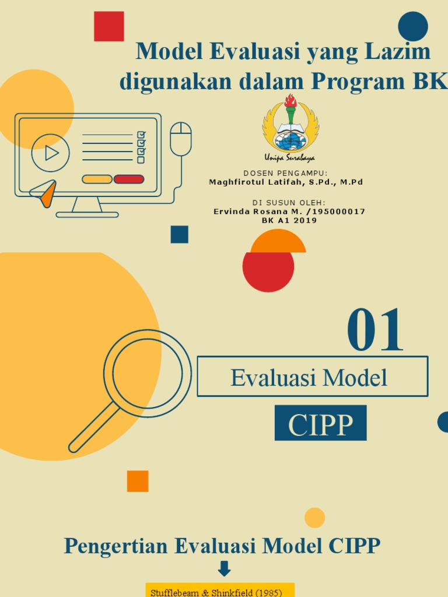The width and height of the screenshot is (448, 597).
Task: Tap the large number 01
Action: [x=375, y=331]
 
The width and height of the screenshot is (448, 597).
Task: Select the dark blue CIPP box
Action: [x=320, y=423]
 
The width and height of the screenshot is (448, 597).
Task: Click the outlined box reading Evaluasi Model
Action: [x=312, y=377]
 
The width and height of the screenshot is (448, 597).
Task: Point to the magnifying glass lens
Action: [x=147, y=373]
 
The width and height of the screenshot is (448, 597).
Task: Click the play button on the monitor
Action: [x=51, y=153]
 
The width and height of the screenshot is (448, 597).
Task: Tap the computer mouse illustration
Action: [x=181, y=139]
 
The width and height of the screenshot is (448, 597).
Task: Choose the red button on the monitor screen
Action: [x=129, y=179]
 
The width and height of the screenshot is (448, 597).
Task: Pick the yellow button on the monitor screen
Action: [x=97, y=179]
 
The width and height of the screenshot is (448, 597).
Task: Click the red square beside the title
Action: [x=109, y=26]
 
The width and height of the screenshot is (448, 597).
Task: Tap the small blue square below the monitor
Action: [x=179, y=234]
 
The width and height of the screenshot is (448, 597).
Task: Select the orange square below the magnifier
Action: [x=138, y=481]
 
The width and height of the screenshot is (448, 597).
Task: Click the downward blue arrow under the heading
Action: [x=224, y=568]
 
